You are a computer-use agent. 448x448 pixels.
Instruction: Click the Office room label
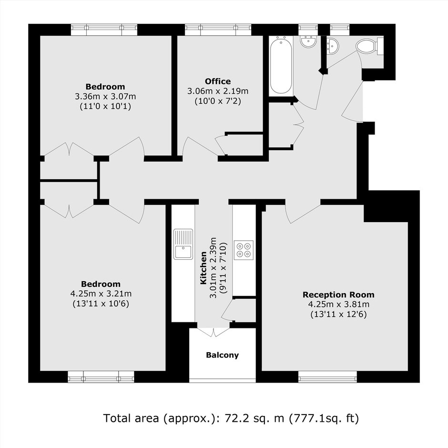pos(218,81)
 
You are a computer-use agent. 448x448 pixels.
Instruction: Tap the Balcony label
pos(222,355)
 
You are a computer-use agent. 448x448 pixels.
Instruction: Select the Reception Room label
pos(338,295)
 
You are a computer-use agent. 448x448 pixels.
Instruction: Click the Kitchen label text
pos(204,268)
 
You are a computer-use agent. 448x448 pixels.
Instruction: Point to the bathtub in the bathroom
pos(281,65)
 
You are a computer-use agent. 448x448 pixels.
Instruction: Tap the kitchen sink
pos(183,244)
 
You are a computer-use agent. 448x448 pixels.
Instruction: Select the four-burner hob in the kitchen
pos(244,250)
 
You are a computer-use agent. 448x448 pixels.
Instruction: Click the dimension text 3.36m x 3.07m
pos(105,97)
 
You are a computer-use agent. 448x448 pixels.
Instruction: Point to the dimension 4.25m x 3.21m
pos(101,294)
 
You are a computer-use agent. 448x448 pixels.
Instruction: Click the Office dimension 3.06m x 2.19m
pos(218,92)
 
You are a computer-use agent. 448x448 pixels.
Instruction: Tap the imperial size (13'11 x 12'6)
pos(338,315)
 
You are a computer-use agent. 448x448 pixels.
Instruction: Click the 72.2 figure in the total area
pos(235,418)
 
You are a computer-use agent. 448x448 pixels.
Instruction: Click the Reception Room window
pos(327,377)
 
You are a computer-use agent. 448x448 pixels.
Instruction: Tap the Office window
pos(218,30)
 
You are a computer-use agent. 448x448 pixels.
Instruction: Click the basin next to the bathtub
pos(308,41)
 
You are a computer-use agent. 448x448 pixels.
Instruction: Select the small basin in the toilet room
pos(333,46)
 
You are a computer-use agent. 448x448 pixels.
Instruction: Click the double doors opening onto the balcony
pos(214,332)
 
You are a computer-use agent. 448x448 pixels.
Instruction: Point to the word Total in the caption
pos(116,418)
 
